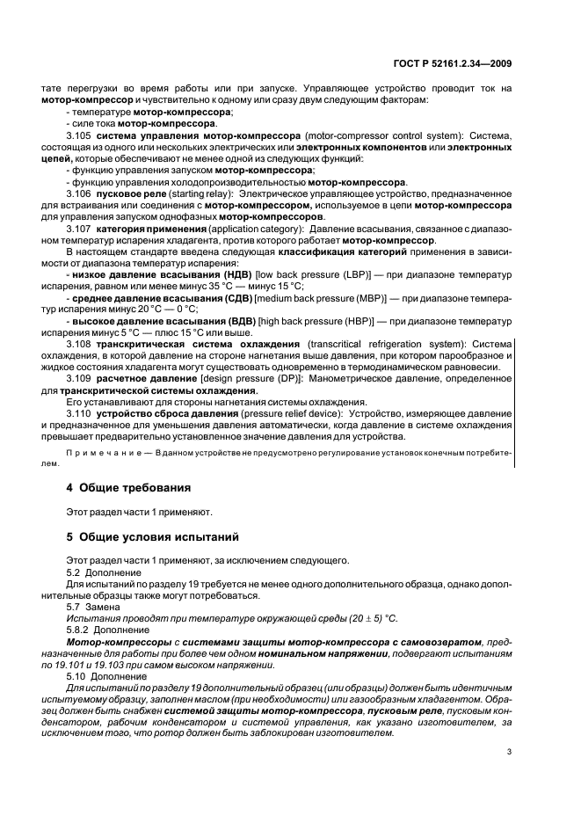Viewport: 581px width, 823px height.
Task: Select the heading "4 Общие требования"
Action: click(128, 486)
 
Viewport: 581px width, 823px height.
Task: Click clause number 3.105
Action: click(80, 136)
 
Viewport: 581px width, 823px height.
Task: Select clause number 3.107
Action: click(80, 229)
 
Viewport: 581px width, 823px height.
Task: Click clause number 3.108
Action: click(80, 343)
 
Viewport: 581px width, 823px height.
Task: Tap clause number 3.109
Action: click(80, 377)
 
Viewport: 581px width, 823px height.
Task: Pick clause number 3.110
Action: click(80, 411)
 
